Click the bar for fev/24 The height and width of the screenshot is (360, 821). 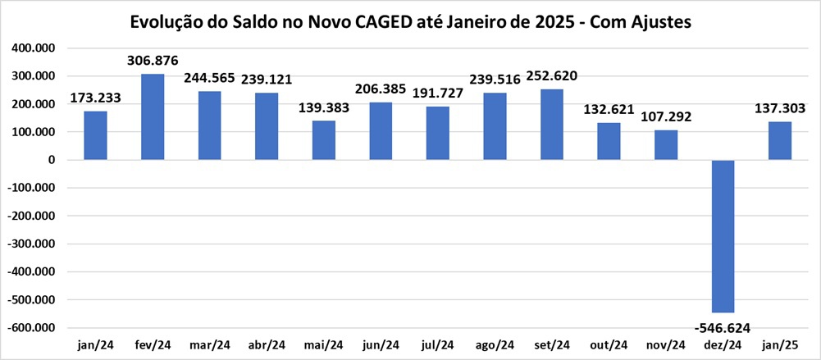(x=153, y=117)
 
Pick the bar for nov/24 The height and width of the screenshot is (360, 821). (x=666, y=145)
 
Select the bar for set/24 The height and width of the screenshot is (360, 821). (x=552, y=125)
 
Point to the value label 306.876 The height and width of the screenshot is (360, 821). (x=153, y=62)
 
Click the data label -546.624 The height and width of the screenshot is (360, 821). (x=723, y=327)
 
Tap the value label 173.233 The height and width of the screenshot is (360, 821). (x=96, y=98)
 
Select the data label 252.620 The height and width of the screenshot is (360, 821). (x=552, y=76)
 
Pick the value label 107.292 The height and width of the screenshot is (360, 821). (x=666, y=117)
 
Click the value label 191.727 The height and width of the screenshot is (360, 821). (x=438, y=93)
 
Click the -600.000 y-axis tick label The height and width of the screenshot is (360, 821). (x=31, y=327)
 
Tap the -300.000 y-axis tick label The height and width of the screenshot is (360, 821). (x=31, y=244)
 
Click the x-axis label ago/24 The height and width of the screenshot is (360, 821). (x=495, y=344)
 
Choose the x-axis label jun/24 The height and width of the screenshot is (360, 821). (x=381, y=344)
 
